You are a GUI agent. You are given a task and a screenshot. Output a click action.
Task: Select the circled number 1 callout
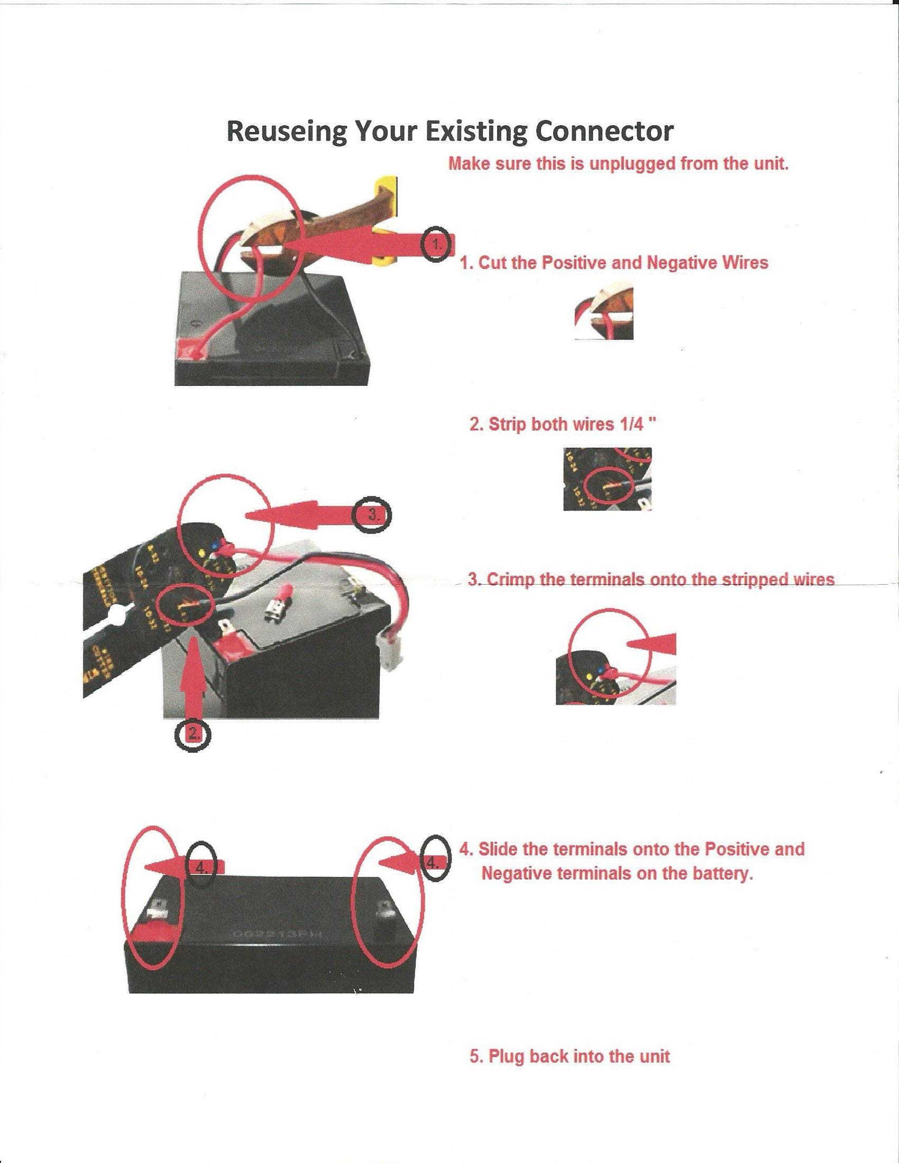pos(436,246)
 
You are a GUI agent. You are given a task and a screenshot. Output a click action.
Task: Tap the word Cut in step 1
pos(493,263)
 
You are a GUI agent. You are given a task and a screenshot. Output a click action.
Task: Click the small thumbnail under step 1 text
pos(603,317)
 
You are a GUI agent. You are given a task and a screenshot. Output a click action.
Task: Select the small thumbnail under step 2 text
pos(607,479)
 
